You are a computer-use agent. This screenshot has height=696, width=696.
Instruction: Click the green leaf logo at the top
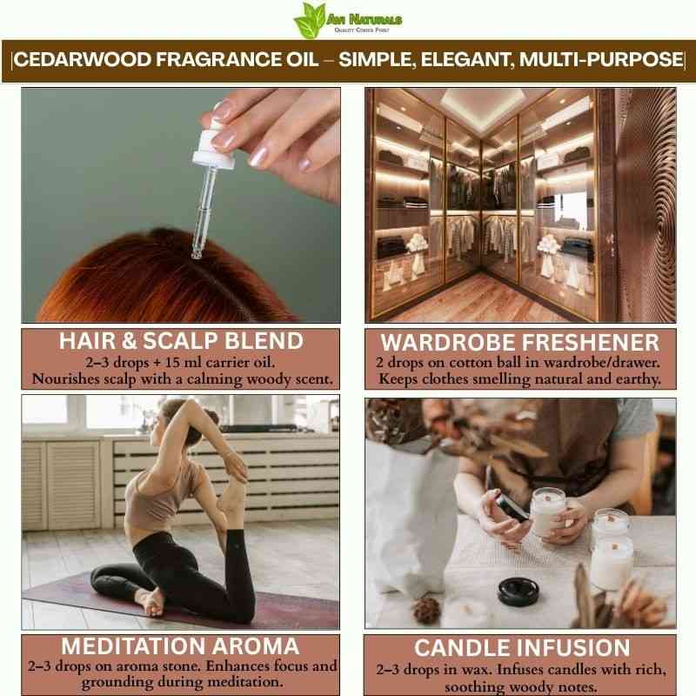click(x=311, y=20)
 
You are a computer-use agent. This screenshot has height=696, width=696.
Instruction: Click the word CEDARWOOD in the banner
click(x=84, y=59)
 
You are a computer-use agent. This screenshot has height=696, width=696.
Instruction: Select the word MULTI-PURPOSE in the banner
click(x=601, y=59)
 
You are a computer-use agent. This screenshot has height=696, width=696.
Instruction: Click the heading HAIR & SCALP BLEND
click(x=181, y=341)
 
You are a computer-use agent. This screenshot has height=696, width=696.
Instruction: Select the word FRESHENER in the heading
click(x=591, y=342)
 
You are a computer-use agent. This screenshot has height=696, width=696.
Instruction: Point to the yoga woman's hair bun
click(x=209, y=422)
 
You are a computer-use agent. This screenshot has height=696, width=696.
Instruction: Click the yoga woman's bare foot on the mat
click(x=151, y=602)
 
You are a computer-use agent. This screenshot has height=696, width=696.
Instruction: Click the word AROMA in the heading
click(x=256, y=646)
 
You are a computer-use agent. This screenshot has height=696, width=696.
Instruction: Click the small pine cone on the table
click(x=426, y=610)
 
